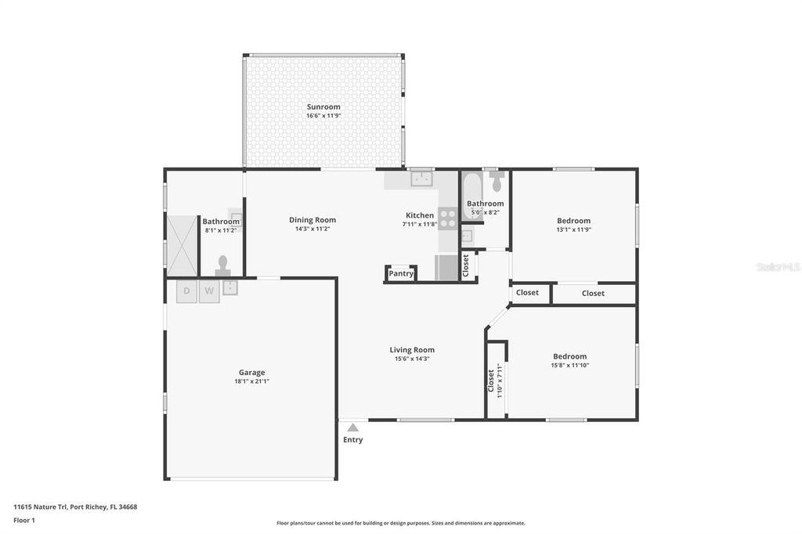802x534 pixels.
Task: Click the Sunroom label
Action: (x=323, y=106)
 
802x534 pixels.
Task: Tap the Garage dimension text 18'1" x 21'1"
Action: (x=251, y=381)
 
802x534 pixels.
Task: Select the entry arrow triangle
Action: (x=353, y=428)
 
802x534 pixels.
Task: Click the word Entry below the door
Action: (x=353, y=440)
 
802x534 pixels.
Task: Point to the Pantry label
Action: (x=401, y=274)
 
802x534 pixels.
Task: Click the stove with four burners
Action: (x=448, y=218)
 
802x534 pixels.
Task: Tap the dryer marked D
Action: (x=186, y=291)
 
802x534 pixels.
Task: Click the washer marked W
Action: (x=209, y=291)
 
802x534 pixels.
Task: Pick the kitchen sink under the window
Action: (x=421, y=179)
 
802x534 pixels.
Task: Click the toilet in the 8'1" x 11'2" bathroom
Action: (x=223, y=265)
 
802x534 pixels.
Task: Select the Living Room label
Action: (x=412, y=350)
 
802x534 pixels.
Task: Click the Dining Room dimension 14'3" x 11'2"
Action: (x=312, y=229)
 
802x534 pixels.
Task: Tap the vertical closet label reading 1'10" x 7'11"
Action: (x=495, y=381)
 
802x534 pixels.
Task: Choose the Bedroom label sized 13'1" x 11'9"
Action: (x=573, y=221)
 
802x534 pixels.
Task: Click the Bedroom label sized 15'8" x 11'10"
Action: (x=569, y=356)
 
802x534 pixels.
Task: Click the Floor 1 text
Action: (x=24, y=520)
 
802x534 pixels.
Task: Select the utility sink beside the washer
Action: (x=230, y=287)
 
